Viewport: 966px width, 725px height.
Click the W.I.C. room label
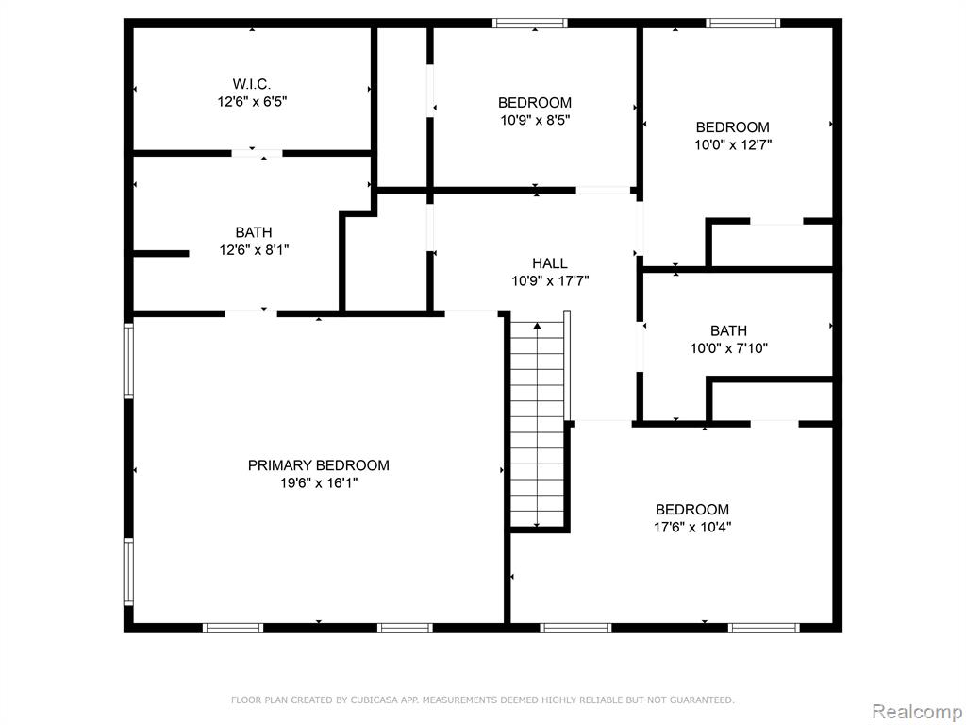(x=251, y=84)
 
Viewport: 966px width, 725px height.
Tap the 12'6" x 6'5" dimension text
(x=252, y=101)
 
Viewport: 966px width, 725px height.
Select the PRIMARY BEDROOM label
(x=319, y=465)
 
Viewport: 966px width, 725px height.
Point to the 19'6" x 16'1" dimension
(x=319, y=482)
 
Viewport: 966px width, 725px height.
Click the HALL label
(x=550, y=264)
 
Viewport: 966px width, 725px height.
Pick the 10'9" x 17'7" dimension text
(x=550, y=281)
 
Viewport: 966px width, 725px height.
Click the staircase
(x=537, y=424)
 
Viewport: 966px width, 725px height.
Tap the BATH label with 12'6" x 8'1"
(x=254, y=232)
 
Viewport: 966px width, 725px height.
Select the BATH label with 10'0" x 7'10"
(x=729, y=330)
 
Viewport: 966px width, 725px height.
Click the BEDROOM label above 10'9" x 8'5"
(x=535, y=102)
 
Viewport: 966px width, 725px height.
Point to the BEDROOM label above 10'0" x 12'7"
(x=732, y=127)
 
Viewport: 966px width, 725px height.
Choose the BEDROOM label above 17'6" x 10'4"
(x=691, y=509)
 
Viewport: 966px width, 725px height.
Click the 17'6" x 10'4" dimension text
(x=692, y=527)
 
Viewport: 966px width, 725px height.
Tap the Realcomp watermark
(x=917, y=711)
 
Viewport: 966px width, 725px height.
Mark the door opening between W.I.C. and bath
(x=258, y=153)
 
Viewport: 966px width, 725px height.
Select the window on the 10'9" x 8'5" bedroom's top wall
(x=530, y=24)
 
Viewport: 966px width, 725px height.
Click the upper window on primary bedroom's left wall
(x=128, y=360)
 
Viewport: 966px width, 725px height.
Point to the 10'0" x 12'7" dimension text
(x=733, y=144)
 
